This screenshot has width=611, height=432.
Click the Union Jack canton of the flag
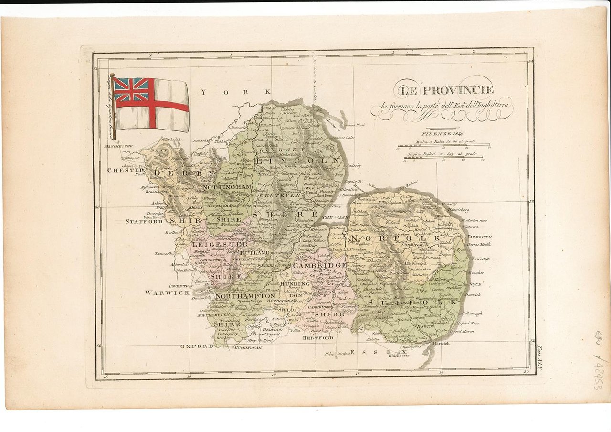click(x=131, y=90)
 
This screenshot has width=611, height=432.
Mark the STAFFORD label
click(x=144, y=222)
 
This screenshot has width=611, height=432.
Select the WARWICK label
click(x=161, y=292)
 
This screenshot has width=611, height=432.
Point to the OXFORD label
click(x=196, y=346)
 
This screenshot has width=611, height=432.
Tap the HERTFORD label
click(x=317, y=338)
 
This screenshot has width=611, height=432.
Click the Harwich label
click(x=442, y=344)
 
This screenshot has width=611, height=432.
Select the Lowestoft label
click(x=481, y=259)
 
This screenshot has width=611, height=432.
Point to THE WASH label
click(x=334, y=217)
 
